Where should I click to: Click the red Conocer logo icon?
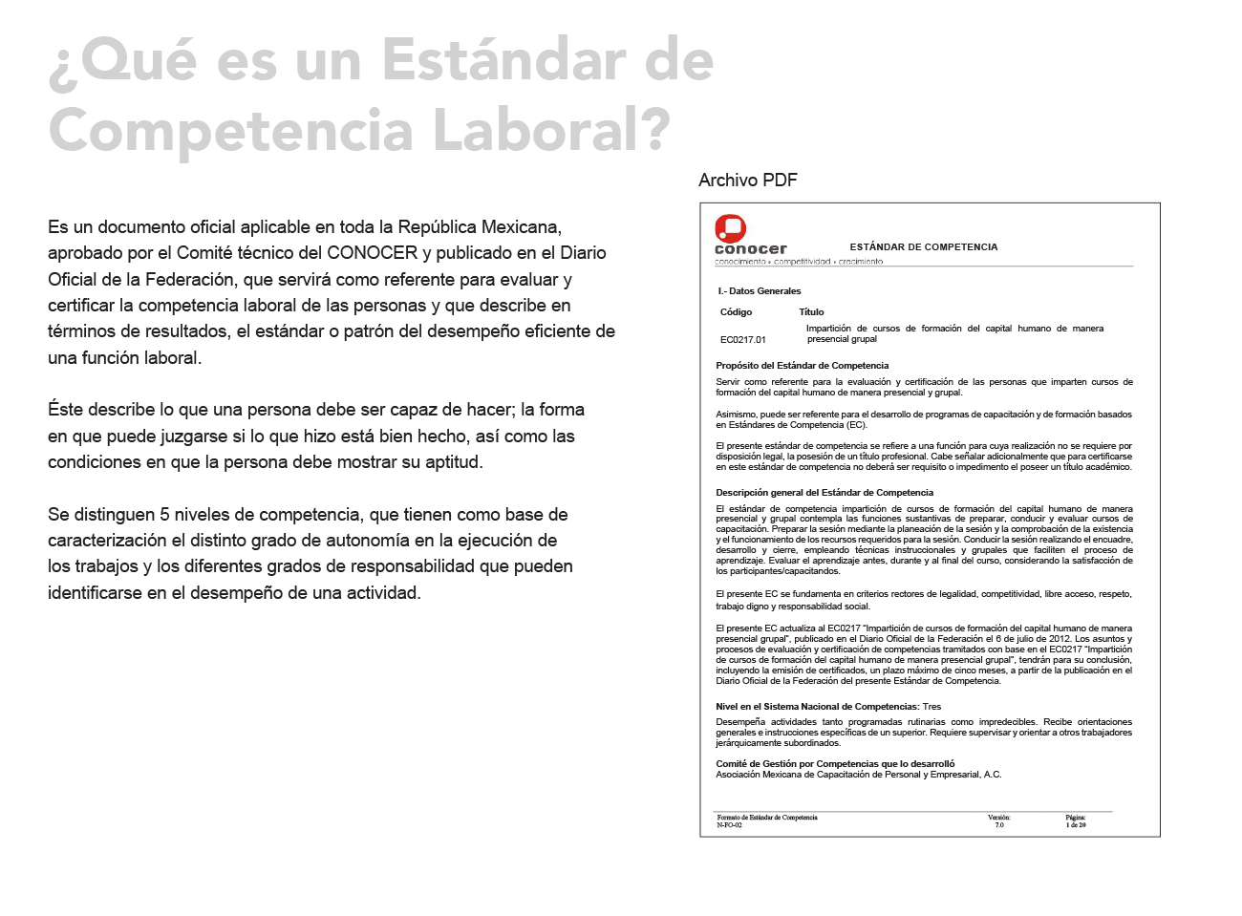pyautogui.click(x=731, y=227)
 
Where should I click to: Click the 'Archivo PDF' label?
pyautogui.click(x=747, y=181)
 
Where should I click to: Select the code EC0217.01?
pyautogui.click(x=742, y=340)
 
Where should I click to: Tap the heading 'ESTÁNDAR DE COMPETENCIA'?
pyautogui.click(x=923, y=247)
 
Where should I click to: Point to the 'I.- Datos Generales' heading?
pyautogui.click(x=760, y=291)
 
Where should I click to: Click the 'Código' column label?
pyautogui.click(x=736, y=312)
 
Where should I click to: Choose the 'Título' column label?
pyautogui.click(x=811, y=312)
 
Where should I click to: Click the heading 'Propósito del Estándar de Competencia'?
pyautogui.click(x=802, y=366)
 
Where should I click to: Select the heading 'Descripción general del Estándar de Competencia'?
pyautogui.click(x=824, y=493)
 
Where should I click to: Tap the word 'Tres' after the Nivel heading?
pyautogui.click(x=931, y=707)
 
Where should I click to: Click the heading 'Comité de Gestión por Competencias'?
pyautogui.click(x=835, y=764)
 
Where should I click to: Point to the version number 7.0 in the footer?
pyautogui.click(x=998, y=825)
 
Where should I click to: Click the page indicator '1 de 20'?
pyautogui.click(x=1076, y=825)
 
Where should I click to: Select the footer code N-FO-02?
pyautogui.click(x=729, y=825)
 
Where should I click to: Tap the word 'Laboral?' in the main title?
pyautogui.click(x=551, y=130)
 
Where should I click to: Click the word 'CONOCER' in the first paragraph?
pyautogui.click(x=372, y=253)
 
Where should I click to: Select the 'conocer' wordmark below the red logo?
pyautogui.click(x=751, y=249)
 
